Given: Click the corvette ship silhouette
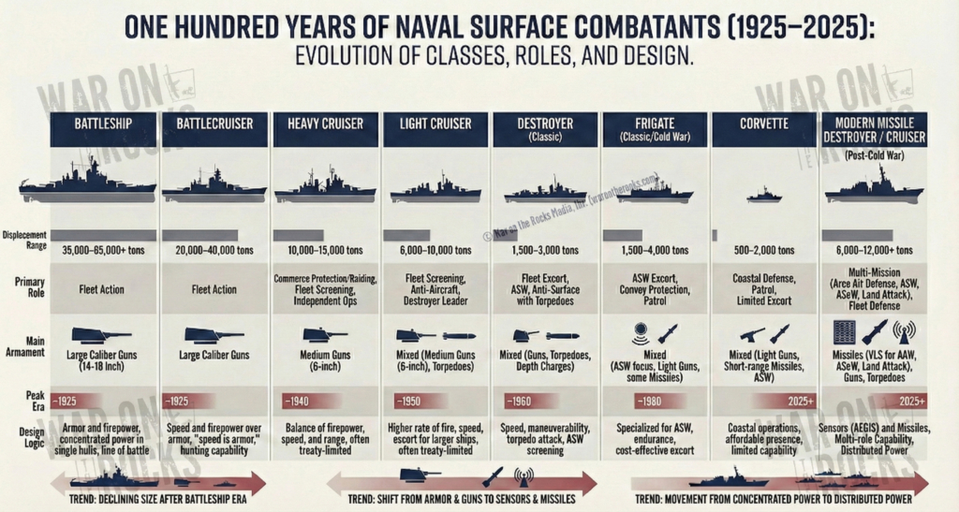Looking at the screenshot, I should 763,195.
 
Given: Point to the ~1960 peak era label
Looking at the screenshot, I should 520,401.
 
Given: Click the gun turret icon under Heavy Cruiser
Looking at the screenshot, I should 322,334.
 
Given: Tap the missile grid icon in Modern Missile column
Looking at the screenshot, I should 843,332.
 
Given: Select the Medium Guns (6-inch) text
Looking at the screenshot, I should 323,361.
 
